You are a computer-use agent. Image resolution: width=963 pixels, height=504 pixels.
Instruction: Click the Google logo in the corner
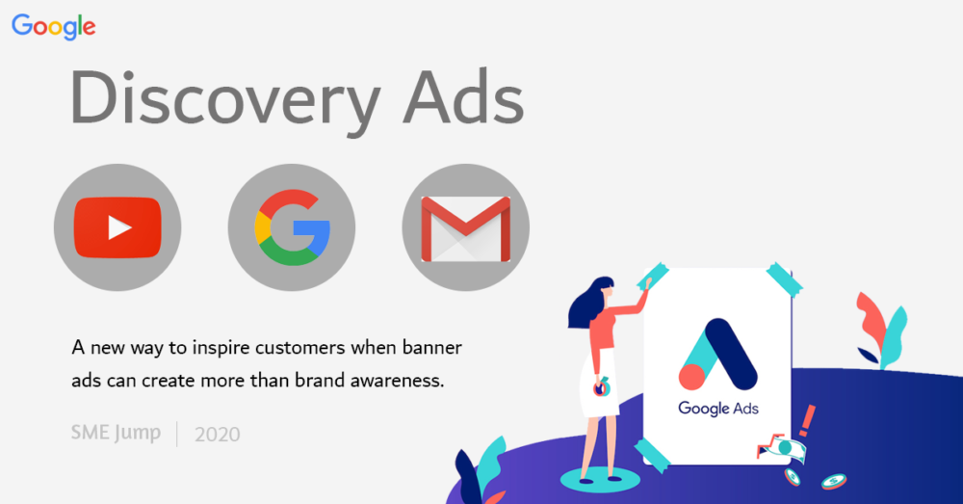(53, 26)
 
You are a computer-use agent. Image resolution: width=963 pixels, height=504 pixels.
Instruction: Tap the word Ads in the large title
(464, 97)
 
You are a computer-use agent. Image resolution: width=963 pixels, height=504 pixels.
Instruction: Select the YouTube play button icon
(117, 227)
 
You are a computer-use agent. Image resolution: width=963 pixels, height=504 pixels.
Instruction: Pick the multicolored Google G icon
(293, 227)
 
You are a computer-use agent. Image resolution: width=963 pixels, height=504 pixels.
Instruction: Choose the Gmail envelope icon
(465, 228)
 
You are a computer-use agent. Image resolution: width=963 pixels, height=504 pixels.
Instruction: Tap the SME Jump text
(116, 433)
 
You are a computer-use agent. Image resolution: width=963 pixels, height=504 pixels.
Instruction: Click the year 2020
(218, 435)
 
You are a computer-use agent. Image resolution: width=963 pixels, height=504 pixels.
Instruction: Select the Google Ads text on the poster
(718, 409)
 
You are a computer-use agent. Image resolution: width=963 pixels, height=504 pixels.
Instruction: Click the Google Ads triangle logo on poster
(717, 355)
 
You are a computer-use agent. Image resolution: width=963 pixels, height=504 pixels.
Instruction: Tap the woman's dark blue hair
(588, 302)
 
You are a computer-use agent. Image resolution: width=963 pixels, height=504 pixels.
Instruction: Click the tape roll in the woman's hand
(601, 387)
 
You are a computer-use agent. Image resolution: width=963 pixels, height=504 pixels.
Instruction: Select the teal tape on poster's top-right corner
(784, 279)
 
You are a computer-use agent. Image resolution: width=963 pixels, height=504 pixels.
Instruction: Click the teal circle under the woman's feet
(600, 479)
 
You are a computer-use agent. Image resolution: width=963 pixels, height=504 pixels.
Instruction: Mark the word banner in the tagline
(432, 348)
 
